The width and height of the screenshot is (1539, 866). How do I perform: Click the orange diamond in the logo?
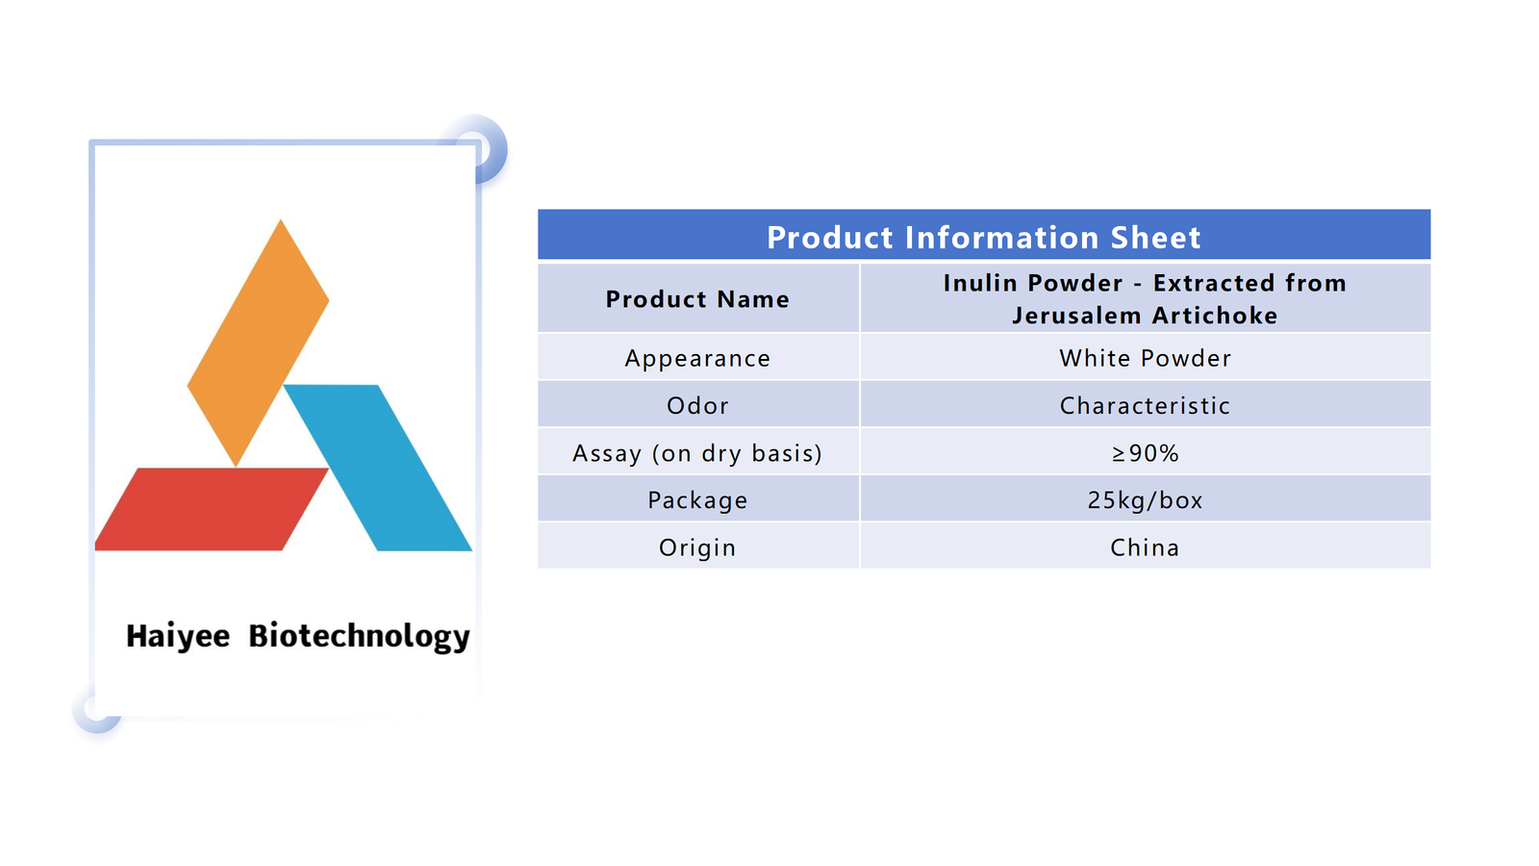258,343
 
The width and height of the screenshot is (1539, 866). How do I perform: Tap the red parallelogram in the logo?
212,509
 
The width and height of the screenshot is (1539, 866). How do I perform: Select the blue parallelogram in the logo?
378,468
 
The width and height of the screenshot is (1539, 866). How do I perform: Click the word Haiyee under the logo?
178,636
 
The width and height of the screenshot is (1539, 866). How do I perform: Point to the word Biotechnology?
360,636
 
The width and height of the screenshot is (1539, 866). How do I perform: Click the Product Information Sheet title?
984,237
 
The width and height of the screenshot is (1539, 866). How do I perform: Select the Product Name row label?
697,299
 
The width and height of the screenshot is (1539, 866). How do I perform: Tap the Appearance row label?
697,359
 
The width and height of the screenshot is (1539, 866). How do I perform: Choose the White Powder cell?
1145,358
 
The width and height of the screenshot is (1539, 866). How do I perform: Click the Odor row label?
697,405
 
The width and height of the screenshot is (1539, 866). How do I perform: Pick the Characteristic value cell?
1145,405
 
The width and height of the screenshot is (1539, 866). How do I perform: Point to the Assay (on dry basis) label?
697,453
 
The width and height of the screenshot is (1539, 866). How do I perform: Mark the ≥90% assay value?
1145,453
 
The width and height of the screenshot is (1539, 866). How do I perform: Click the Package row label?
697,500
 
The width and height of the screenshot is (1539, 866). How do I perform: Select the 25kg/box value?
1145,499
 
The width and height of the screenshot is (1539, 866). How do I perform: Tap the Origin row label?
697,548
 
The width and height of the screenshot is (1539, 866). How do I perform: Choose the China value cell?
1145,548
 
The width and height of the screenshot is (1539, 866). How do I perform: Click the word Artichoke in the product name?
1215,316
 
